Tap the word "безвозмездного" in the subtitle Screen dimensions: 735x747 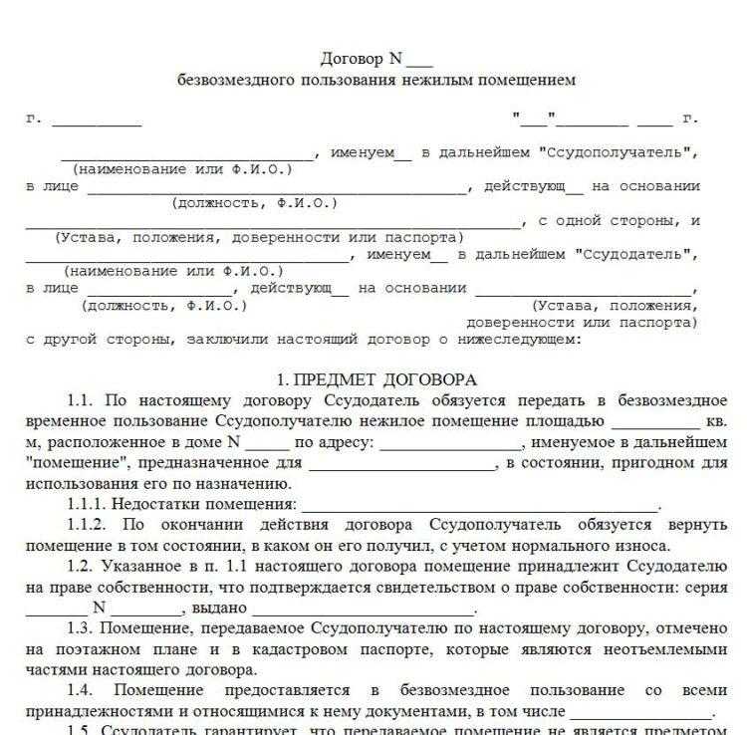pos(227,80)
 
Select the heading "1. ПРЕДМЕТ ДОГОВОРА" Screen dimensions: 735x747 pos(376,379)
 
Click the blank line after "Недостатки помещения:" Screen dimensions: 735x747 pos(479,505)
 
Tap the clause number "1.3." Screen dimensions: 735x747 pos(84,628)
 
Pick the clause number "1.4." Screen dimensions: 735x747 pos(84,690)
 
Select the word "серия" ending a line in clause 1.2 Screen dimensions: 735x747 pos(708,587)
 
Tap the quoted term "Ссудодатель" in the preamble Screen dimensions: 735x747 pos(634,254)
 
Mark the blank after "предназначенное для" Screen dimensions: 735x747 pos(401,463)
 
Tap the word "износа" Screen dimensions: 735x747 pos(648,546)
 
